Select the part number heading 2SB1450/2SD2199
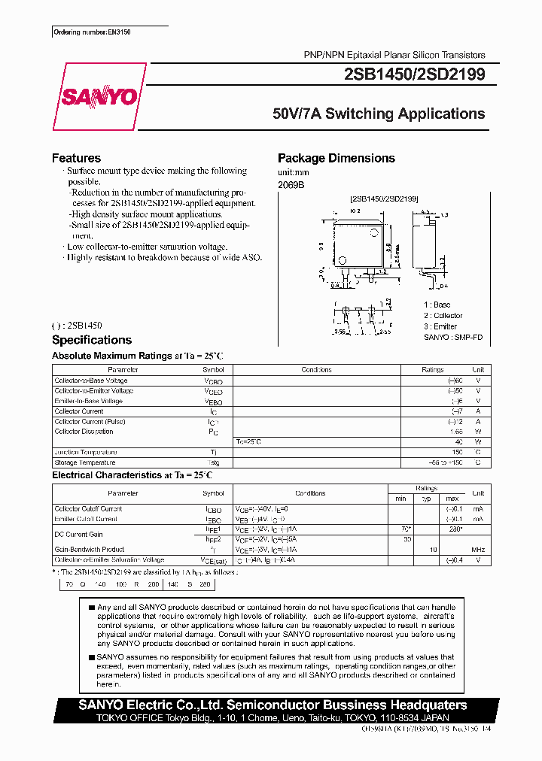pos(416,74)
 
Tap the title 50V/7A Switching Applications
pos(379,114)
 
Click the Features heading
pos(76,158)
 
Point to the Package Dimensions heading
pos(336,158)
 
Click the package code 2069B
pos(291,184)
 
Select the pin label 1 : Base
pos(437,305)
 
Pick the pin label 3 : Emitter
pos(440,326)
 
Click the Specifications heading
pos(91,340)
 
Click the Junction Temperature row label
pos(85,452)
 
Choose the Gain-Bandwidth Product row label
pos(89,550)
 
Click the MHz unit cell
pos(478,550)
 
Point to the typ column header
pos(426,499)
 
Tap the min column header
pos(400,499)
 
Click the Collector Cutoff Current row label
pos(88,509)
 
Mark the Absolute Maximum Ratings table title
pos(137,356)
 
